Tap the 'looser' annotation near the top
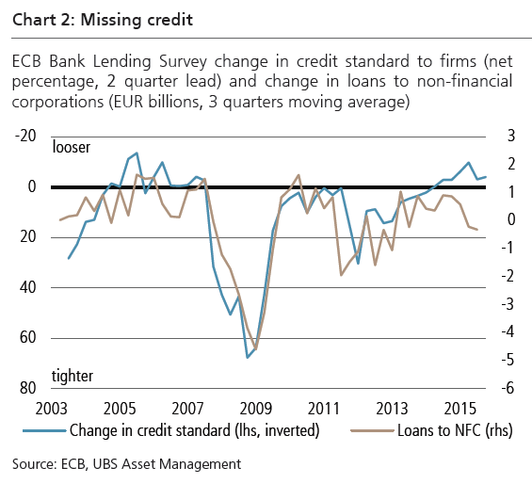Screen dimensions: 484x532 click(x=73, y=148)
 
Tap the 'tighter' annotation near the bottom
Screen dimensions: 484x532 click(x=73, y=375)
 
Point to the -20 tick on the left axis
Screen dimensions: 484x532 click(x=24, y=137)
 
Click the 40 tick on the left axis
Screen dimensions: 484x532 click(x=27, y=287)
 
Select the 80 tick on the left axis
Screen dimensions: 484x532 click(x=27, y=388)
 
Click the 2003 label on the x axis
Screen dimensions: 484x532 click(x=51, y=410)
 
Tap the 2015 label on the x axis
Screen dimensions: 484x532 click(x=459, y=410)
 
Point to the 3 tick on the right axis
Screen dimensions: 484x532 click(x=509, y=137)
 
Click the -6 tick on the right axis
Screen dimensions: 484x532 click(x=507, y=388)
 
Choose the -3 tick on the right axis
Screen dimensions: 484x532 click(x=507, y=304)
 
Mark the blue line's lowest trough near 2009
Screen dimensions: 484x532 click(x=247, y=357)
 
